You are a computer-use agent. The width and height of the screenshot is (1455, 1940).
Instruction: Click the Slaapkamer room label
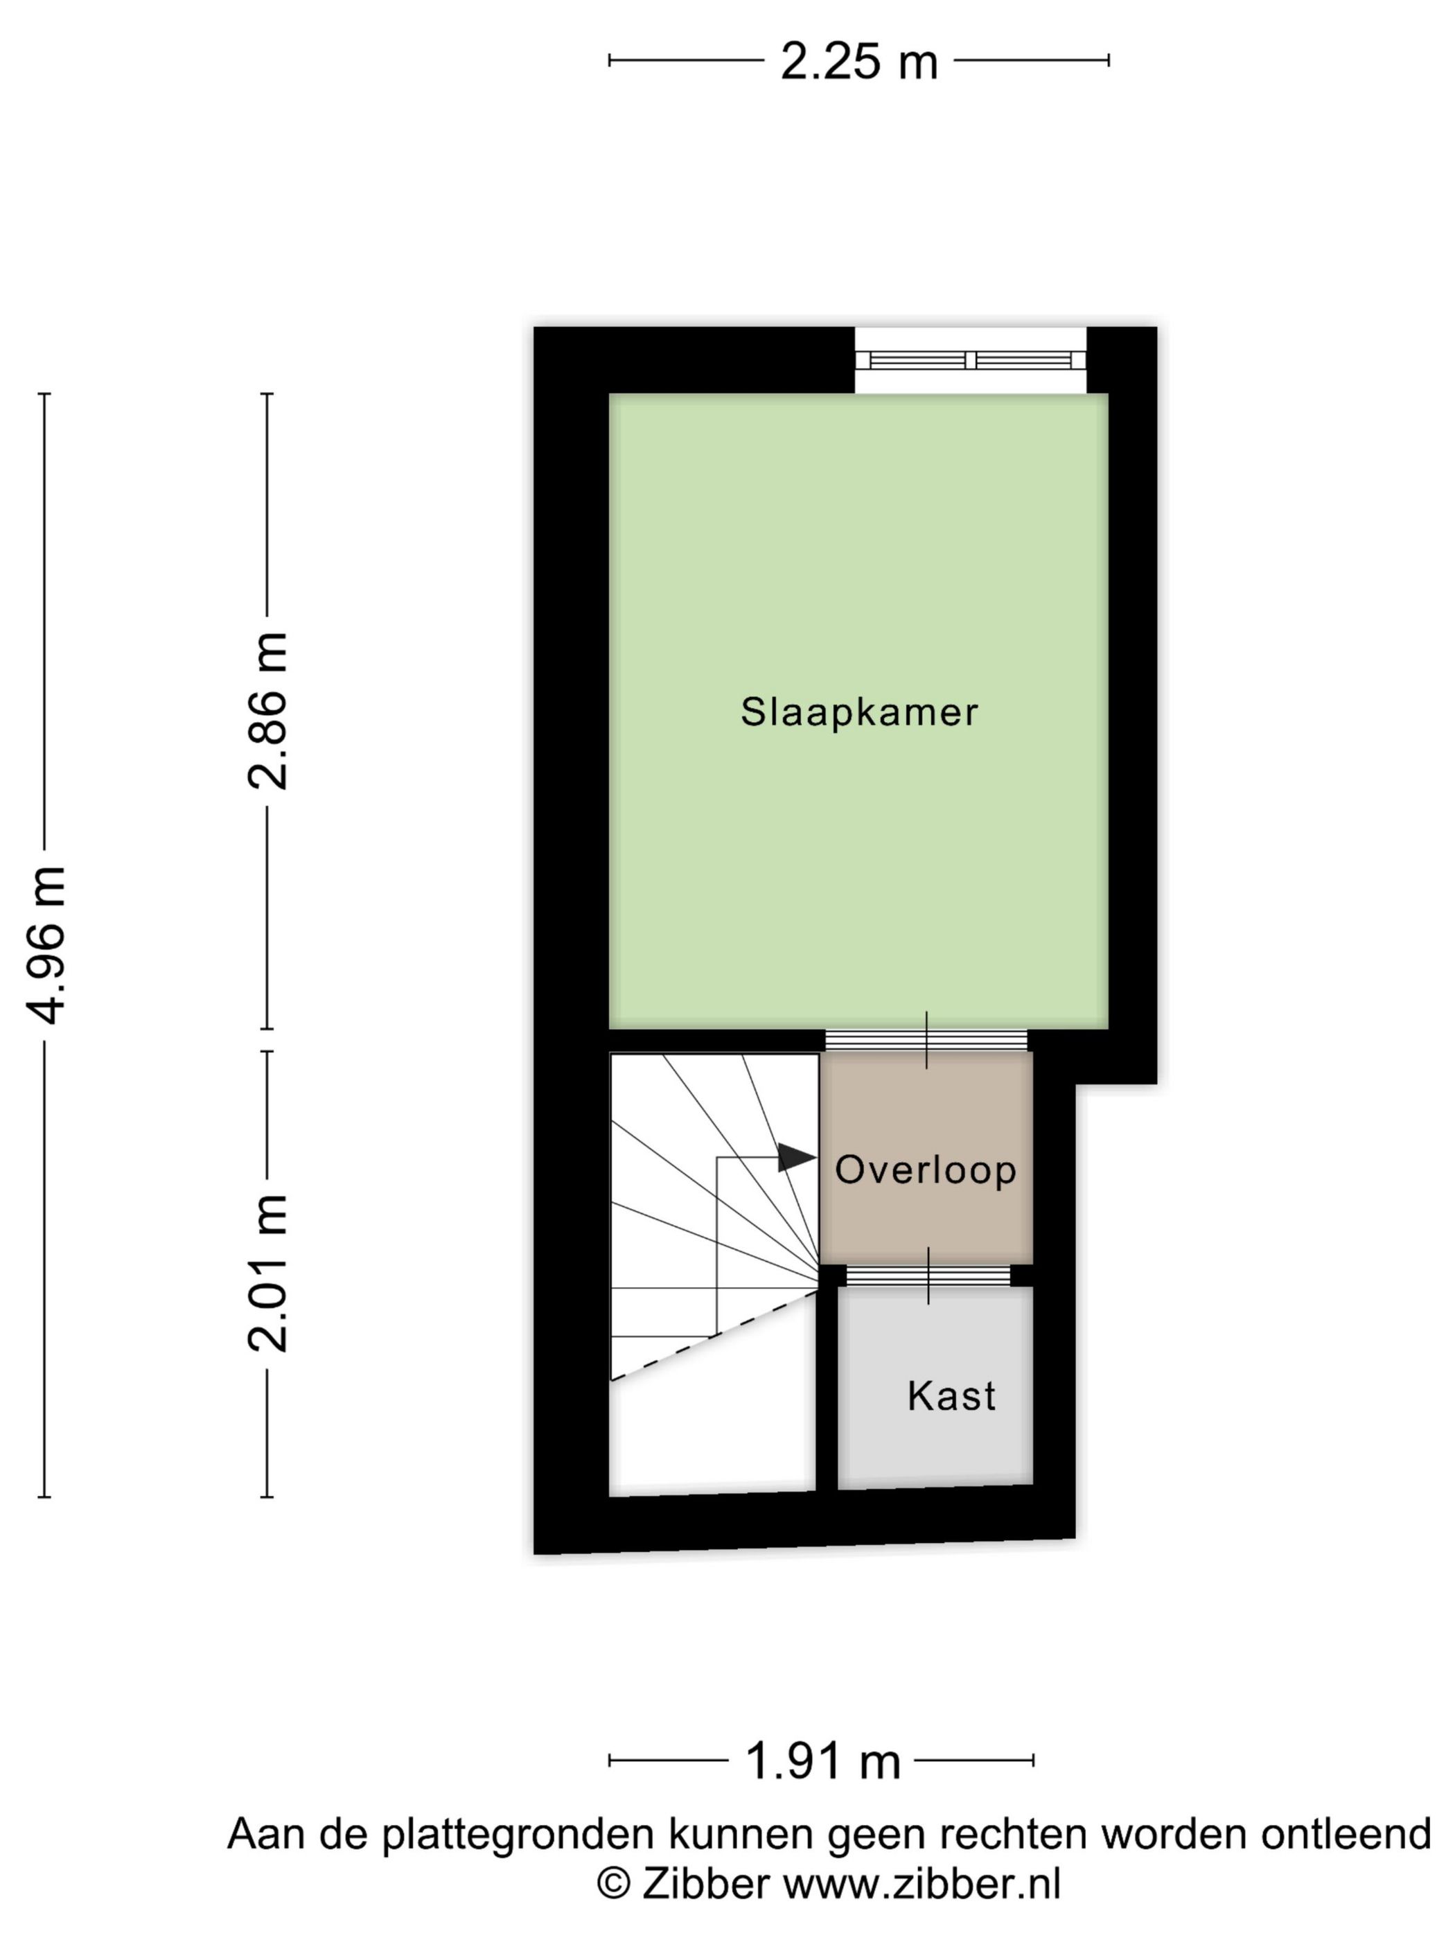point(858,712)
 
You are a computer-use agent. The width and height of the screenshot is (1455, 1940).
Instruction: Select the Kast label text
point(951,1396)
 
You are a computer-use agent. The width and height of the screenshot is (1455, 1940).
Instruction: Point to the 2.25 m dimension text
point(858,62)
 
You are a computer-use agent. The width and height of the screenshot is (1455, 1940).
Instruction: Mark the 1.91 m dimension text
point(822,1761)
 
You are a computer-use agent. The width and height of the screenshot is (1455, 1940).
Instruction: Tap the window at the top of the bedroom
point(970,360)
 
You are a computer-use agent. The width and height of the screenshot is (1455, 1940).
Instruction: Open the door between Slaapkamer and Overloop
point(926,1040)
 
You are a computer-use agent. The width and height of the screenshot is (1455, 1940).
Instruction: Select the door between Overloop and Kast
point(928,1276)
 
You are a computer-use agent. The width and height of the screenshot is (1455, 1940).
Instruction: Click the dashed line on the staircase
point(715,1337)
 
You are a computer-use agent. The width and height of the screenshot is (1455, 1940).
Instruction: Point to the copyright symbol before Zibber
point(614,1883)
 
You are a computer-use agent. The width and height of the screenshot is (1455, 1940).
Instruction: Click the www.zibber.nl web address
point(921,1883)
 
